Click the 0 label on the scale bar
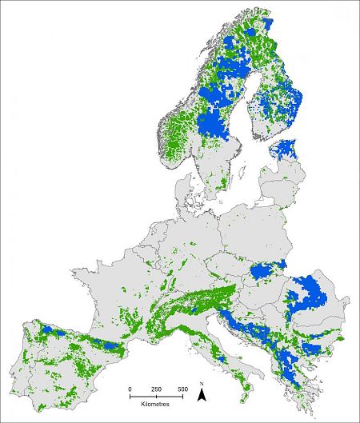[x=130, y=389]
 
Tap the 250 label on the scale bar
[x=157, y=389]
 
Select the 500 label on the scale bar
[x=182, y=389]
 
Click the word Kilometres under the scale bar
[x=156, y=405]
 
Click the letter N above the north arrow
[x=204, y=384]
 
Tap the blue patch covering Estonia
[x=285, y=150]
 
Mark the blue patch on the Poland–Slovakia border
[x=266, y=271]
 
